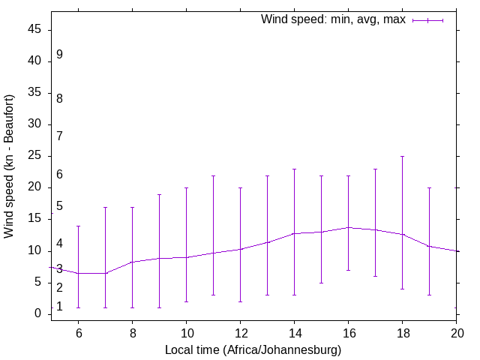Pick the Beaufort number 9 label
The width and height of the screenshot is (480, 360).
point(59,55)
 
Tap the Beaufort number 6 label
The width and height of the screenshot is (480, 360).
point(59,175)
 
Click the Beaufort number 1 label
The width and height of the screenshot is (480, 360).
point(59,307)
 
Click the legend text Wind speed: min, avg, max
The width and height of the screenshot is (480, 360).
point(333,19)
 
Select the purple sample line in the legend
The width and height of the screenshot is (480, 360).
point(427,20)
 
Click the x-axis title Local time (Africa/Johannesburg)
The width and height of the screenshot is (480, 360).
point(253,349)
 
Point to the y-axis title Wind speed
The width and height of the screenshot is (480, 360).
point(10,166)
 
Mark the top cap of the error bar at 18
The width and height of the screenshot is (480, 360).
point(402,157)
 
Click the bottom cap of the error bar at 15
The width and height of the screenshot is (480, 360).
point(321,283)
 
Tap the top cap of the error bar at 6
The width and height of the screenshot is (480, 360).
point(78,226)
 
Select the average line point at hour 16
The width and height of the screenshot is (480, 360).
point(348,227)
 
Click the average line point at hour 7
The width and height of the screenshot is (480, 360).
point(105,273)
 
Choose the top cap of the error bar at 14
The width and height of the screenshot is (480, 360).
point(294,169)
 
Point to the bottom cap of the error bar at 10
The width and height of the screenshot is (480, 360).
point(186,301)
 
